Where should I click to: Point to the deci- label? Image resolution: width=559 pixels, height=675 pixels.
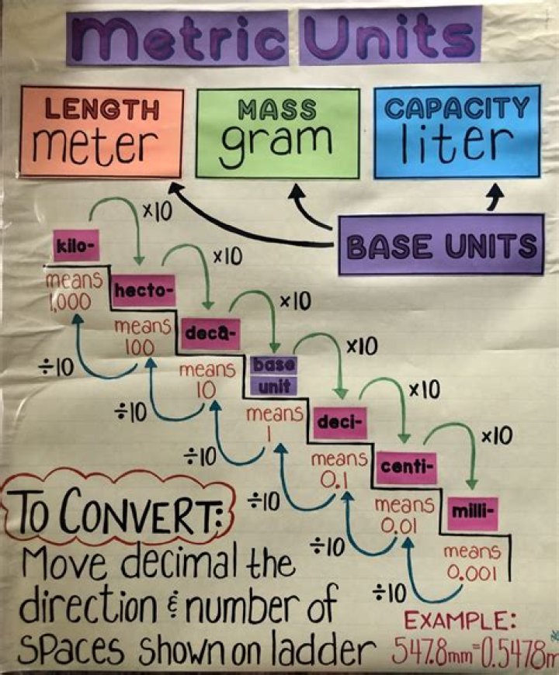(x=339, y=424)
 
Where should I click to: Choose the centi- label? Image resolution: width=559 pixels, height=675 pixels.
(x=407, y=467)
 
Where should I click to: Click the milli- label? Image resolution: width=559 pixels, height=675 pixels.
(x=470, y=511)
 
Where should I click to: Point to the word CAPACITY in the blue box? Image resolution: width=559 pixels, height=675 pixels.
(x=457, y=107)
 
